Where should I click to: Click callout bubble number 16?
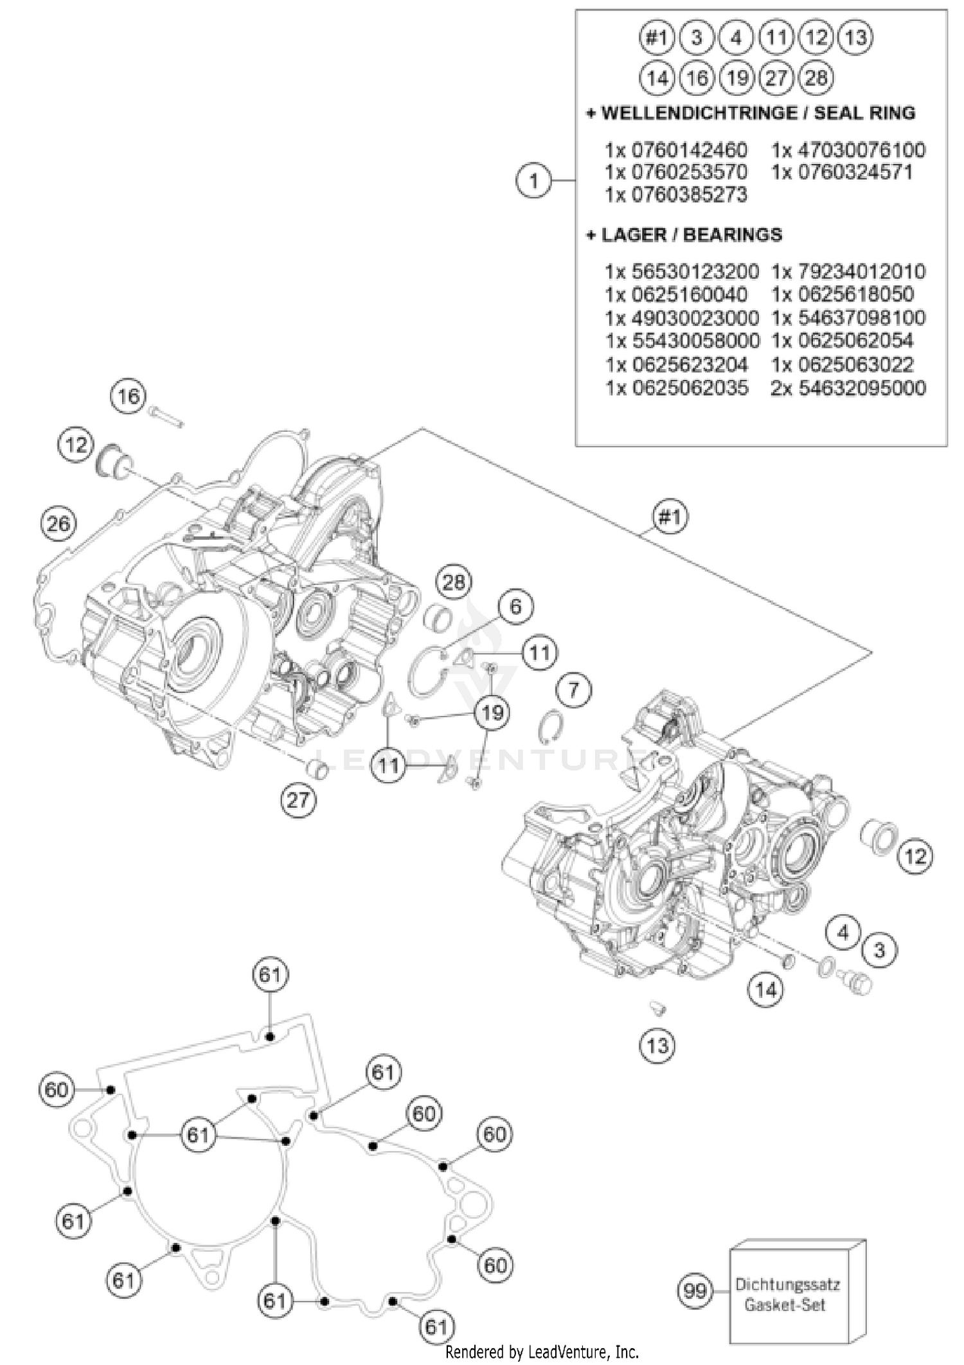click(x=128, y=396)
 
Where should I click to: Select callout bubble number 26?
click(x=58, y=524)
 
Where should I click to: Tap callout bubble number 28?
click(x=454, y=582)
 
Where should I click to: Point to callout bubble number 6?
click(x=515, y=607)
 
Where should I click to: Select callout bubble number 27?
click(x=298, y=800)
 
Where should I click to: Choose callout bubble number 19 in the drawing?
click(x=492, y=713)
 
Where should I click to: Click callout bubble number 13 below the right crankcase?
click(x=657, y=1046)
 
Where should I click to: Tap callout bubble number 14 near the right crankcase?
click(x=765, y=990)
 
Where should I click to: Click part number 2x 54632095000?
click(x=848, y=388)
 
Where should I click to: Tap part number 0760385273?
click(x=676, y=194)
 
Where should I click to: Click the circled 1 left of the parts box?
click(x=533, y=181)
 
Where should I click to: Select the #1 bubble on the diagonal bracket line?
click(x=670, y=516)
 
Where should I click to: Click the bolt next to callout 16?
click(x=166, y=416)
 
